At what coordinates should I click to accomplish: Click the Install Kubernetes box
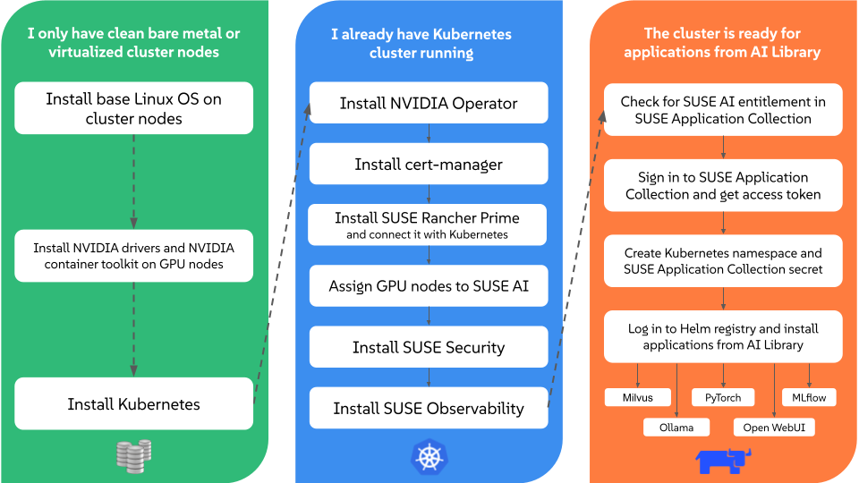(134, 404)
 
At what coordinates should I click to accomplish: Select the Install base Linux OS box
(134, 108)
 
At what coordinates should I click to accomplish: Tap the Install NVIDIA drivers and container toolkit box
(134, 256)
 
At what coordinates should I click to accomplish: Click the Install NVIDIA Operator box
(429, 104)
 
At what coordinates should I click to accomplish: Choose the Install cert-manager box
(429, 164)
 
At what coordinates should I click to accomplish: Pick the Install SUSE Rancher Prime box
(429, 225)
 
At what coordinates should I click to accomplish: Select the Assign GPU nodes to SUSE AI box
(429, 286)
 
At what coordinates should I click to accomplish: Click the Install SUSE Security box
(429, 347)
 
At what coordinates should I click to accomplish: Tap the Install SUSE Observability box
(429, 408)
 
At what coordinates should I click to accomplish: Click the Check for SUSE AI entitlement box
(723, 110)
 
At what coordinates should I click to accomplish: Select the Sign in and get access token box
(723, 185)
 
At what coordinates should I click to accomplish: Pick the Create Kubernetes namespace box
(723, 261)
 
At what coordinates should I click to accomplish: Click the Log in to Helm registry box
(723, 336)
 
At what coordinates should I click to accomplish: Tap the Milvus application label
(638, 397)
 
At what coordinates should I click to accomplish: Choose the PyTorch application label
(723, 397)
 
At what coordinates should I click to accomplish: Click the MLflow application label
(809, 397)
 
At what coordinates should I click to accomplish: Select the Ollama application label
(676, 427)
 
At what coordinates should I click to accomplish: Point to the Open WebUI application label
(774, 427)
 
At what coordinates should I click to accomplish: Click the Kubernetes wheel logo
(429, 457)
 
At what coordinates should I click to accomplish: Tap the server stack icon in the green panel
(133, 454)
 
